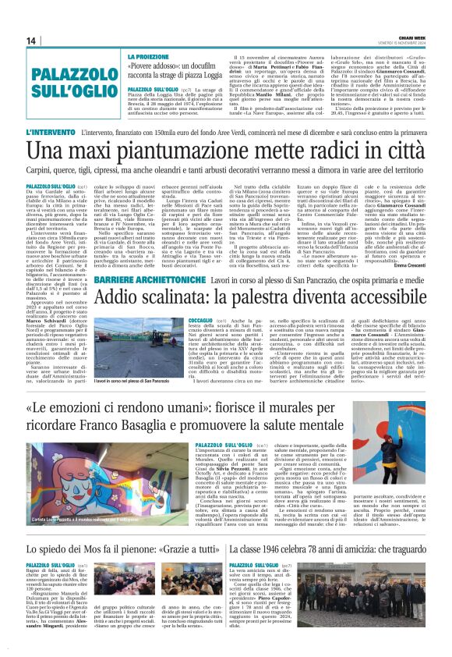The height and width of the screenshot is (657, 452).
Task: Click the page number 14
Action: tap(32, 41)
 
